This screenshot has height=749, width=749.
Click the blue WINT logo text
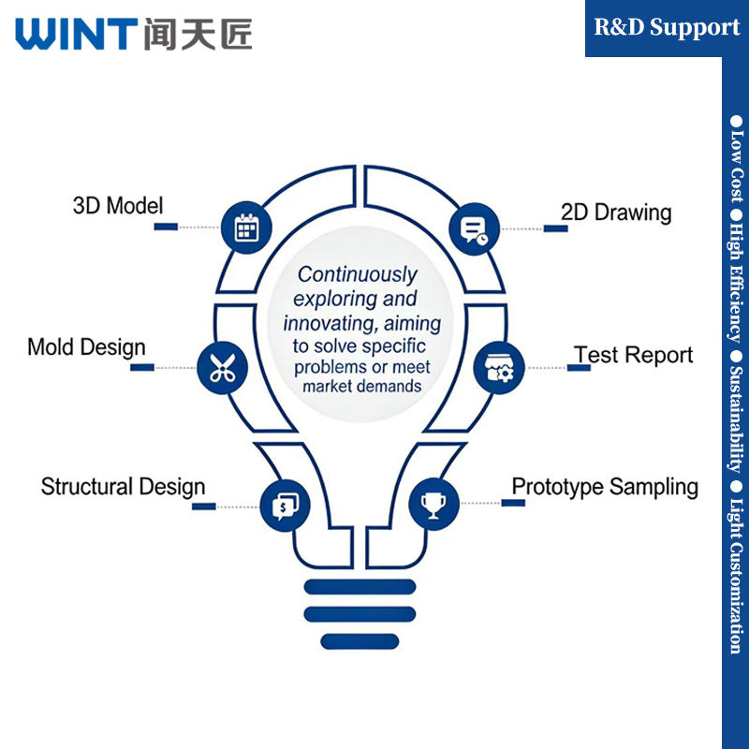[77, 34]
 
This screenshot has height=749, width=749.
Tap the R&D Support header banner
[667, 28]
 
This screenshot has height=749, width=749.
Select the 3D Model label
[118, 206]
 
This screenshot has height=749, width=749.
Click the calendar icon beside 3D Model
[246, 228]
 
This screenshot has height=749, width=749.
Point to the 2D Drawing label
[616, 213]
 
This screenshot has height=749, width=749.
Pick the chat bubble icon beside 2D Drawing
[475, 228]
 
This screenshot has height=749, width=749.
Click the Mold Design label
[86, 347]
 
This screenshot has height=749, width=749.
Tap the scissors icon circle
[223, 368]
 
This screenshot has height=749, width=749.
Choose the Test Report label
[634, 355]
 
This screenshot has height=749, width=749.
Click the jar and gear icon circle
[499, 368]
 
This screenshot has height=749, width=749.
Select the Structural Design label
[124, 487]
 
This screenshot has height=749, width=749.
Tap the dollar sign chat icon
[286, 506]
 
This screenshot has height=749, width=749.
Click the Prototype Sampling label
[605, 488]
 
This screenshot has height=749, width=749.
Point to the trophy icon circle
[433, 505]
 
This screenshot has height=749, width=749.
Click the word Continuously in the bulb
[358, 274]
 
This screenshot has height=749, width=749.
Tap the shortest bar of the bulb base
[360, 641]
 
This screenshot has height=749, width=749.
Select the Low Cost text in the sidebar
[736, 159]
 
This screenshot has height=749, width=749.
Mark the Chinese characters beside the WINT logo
[198, 34]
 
